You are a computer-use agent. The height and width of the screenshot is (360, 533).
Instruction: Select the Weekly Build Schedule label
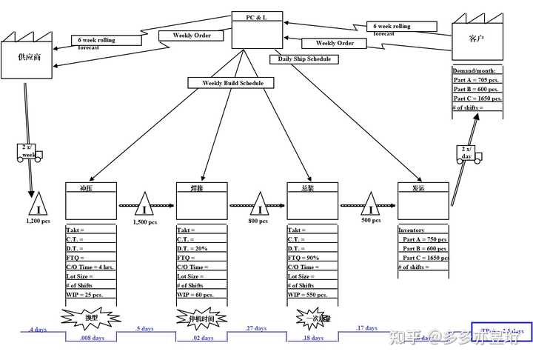point(232,83)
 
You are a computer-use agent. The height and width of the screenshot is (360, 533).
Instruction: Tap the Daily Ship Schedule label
point(304,59)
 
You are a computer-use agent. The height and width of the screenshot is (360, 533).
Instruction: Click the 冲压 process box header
point(91,188)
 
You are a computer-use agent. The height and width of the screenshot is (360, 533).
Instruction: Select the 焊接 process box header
point(201,188)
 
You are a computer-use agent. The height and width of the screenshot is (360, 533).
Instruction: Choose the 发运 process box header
point(423,188)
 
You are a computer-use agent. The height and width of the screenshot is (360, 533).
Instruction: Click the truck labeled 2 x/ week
point(29,154)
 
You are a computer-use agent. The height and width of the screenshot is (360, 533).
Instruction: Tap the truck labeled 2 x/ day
point(467,156)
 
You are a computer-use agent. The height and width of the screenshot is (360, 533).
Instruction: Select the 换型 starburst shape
point(90,318)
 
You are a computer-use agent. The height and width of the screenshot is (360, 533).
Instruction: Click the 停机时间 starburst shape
point(201,319)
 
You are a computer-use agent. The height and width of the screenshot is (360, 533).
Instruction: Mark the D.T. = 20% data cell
point(201,248)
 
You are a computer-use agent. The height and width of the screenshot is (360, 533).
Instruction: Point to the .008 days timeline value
point(92,338)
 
